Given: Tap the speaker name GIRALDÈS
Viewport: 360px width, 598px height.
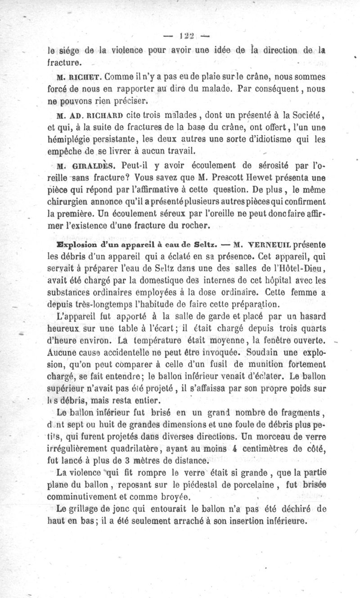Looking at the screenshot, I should (x=89, y=166).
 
